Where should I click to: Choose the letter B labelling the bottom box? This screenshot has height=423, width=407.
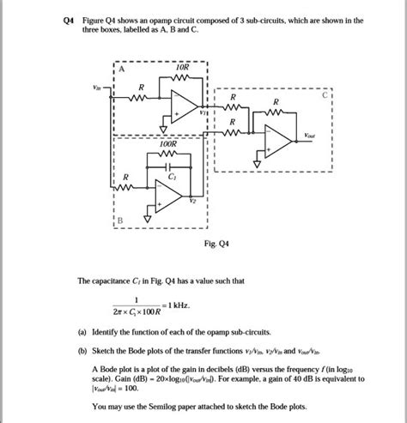[121, 221]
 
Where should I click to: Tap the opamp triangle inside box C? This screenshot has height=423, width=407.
[278, 140]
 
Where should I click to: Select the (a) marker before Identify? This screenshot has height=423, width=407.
[82, 331]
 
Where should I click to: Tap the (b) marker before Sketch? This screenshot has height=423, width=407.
[82, 351]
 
